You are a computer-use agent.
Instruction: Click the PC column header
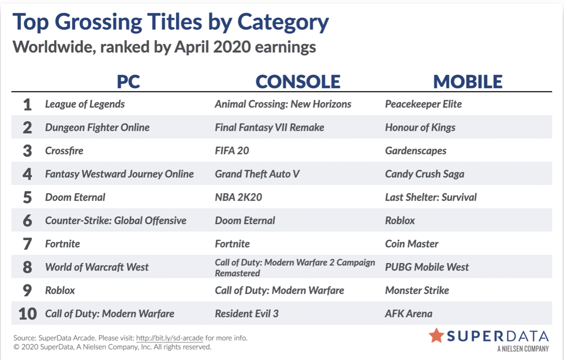(x=129, y=82)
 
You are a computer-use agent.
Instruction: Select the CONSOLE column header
(x=298, y=82)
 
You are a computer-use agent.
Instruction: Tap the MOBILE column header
(x=467, y=82)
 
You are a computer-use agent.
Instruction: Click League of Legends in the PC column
(x=85, y=104)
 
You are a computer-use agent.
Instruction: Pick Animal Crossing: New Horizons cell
(x=283, y=104)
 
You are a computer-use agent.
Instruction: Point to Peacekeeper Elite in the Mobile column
(x=423, y=104)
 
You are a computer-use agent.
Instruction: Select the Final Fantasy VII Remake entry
(x=270, y=128)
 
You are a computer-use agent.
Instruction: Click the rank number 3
(x=27, y=151)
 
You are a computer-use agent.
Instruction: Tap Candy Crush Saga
(x=424, y=174)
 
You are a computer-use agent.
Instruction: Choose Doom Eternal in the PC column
(x=75, y=197)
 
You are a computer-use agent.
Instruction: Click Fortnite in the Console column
(x=232, y=244)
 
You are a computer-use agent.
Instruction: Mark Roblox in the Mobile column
(x=400, y=220)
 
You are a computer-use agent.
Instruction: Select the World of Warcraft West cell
(x=97, y=267)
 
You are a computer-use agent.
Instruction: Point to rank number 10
(x=28, y=314)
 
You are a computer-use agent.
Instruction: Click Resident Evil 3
(x=247, y=314)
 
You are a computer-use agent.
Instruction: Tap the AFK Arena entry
(x=409, y=314)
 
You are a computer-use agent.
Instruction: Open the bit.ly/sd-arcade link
(x=170, y=338)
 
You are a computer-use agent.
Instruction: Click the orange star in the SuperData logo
(x=436, y=335)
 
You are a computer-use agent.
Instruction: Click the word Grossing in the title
(x=98, y=22)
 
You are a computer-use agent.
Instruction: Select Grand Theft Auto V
(x=257, y=174)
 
